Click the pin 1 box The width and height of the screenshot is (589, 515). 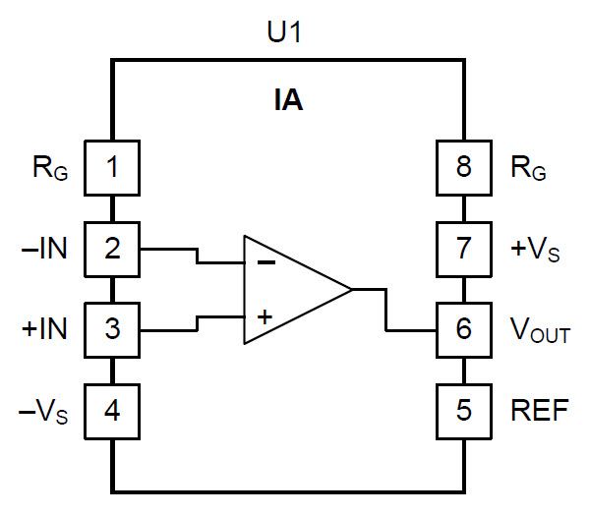click(112, 167)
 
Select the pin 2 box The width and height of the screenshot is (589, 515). click(112, 248)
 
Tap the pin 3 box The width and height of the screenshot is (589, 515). click(112, 328)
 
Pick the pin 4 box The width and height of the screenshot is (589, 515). click(112, 409)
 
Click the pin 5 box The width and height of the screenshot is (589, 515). click(464, 409)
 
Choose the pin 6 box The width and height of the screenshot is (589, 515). click(464, 328)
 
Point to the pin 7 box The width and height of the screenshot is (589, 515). click(464, 248)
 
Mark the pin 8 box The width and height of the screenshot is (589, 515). click(464, 167)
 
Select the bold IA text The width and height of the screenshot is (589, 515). click(287, 99)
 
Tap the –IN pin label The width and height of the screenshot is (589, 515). click(44, 248)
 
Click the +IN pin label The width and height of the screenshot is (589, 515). click(44, 328)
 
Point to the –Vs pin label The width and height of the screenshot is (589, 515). click(44, 411)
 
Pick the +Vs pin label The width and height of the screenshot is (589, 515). click(536, 250)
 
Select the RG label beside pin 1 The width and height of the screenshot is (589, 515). click(49, 169)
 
